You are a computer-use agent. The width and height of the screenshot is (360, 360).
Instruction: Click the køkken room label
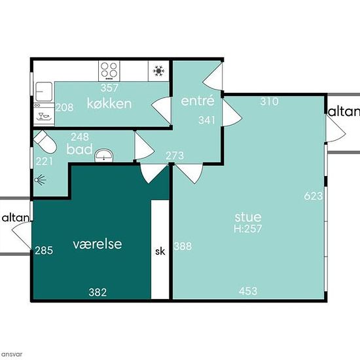(109, 103)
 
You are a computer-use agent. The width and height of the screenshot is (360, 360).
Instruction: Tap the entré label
(198, 101)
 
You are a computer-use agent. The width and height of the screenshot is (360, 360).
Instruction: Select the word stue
(248, 217)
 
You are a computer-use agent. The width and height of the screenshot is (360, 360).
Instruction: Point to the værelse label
(98, 244)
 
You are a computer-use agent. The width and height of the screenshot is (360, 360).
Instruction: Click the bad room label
(79, 149)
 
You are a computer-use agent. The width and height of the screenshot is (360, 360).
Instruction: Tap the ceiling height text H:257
(248, 228)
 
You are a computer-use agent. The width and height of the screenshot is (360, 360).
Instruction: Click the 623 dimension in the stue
(314, 196)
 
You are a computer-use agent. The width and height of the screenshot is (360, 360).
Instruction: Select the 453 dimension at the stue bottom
(248, 291)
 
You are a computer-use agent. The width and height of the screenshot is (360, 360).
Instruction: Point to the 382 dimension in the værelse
(98, 293)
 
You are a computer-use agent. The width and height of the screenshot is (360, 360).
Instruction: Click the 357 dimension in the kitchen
(109, 88)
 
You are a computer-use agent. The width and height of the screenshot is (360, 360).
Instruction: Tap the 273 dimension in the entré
(175, 156)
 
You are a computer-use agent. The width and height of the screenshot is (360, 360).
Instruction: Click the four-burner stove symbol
(109, 71)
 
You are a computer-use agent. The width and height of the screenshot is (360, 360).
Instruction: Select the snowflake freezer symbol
(158, 71)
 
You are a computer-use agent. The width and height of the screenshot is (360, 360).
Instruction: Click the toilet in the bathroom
(45, 142)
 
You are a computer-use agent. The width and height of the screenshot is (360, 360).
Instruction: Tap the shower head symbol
(40, 179)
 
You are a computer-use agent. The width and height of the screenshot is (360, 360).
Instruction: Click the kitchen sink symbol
(43, 92)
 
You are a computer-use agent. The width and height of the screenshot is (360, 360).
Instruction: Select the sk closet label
(160, 251)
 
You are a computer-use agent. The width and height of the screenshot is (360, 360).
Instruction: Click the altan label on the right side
(344, 112)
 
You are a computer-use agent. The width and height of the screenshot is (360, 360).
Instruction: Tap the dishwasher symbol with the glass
(44, 117)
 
